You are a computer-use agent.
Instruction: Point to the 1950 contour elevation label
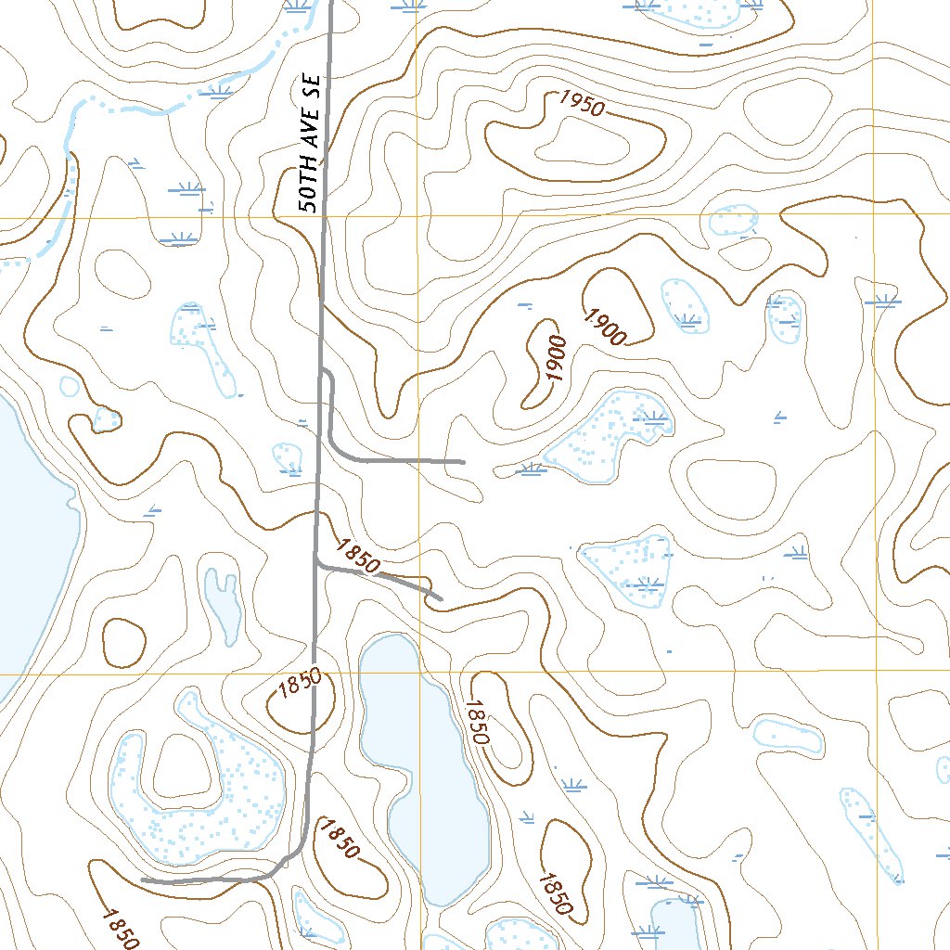click(x=581, y=104)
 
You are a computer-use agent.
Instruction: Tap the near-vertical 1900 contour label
click(x=556, y=358)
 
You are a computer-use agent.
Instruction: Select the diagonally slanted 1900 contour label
click(x=605, y=326)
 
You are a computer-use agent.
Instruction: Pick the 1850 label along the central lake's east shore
click(x=477, y=721)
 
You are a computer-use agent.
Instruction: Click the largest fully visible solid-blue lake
click(x=423, y=761)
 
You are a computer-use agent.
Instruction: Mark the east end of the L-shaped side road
click(x=461, y=461)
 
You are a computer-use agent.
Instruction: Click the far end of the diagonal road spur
click(x=440, y=598)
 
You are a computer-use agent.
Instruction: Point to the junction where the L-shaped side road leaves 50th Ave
click(x=322, y=370)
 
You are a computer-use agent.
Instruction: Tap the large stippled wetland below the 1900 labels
click(x=608, y=436)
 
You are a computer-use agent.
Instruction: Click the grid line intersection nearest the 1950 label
click(x=417, y=216)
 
